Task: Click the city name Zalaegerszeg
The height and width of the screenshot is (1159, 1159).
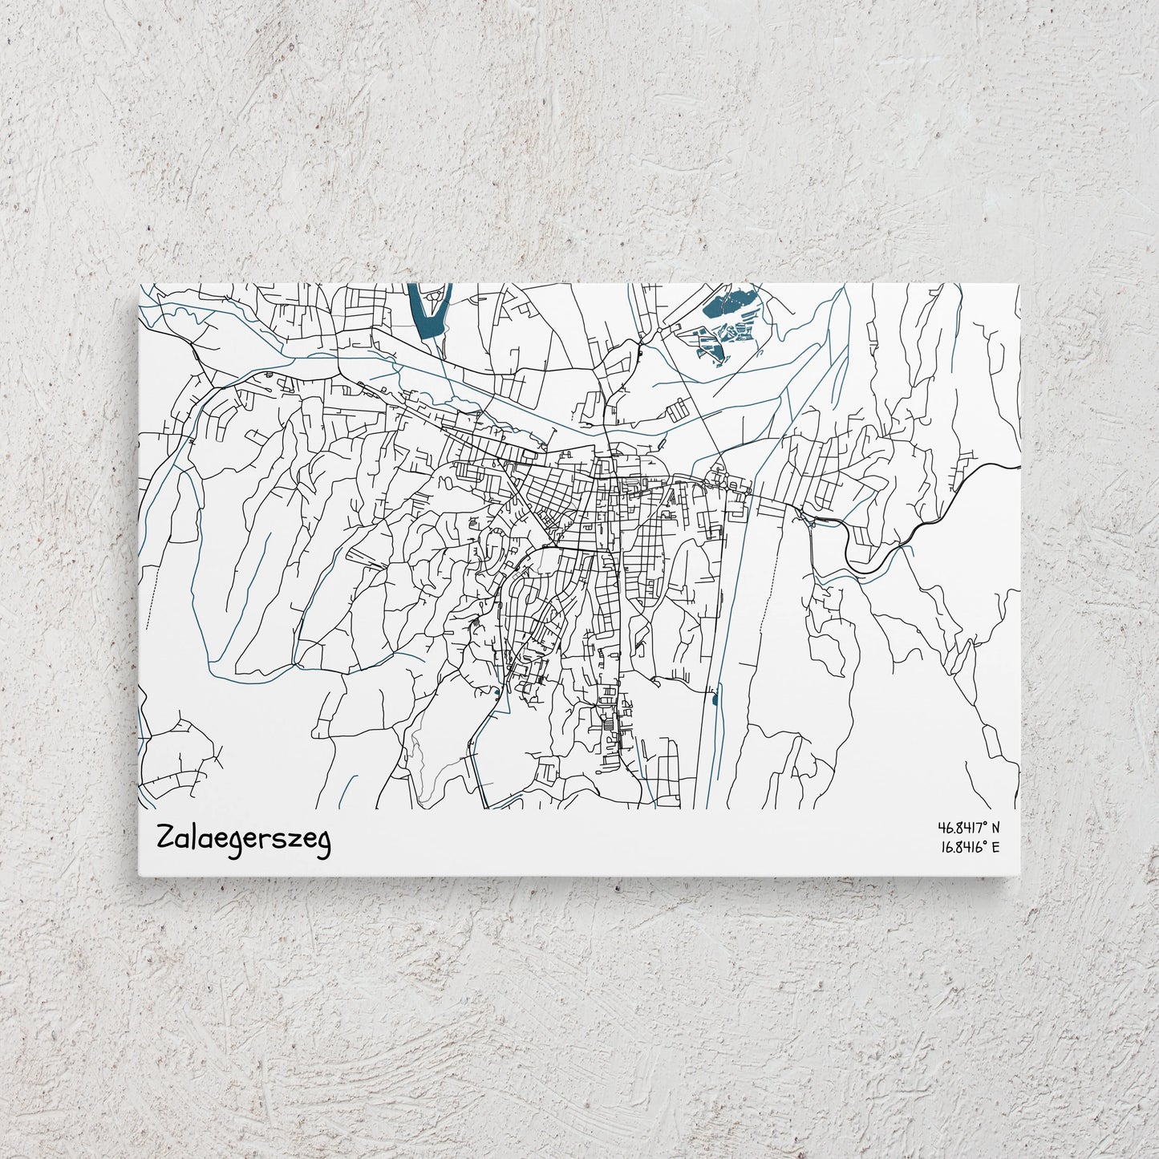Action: [x=244, y=841]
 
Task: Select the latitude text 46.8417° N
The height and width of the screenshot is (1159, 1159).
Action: [x=968, y=827]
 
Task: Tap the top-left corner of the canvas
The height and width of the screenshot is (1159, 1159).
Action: [x=140, y=285]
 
